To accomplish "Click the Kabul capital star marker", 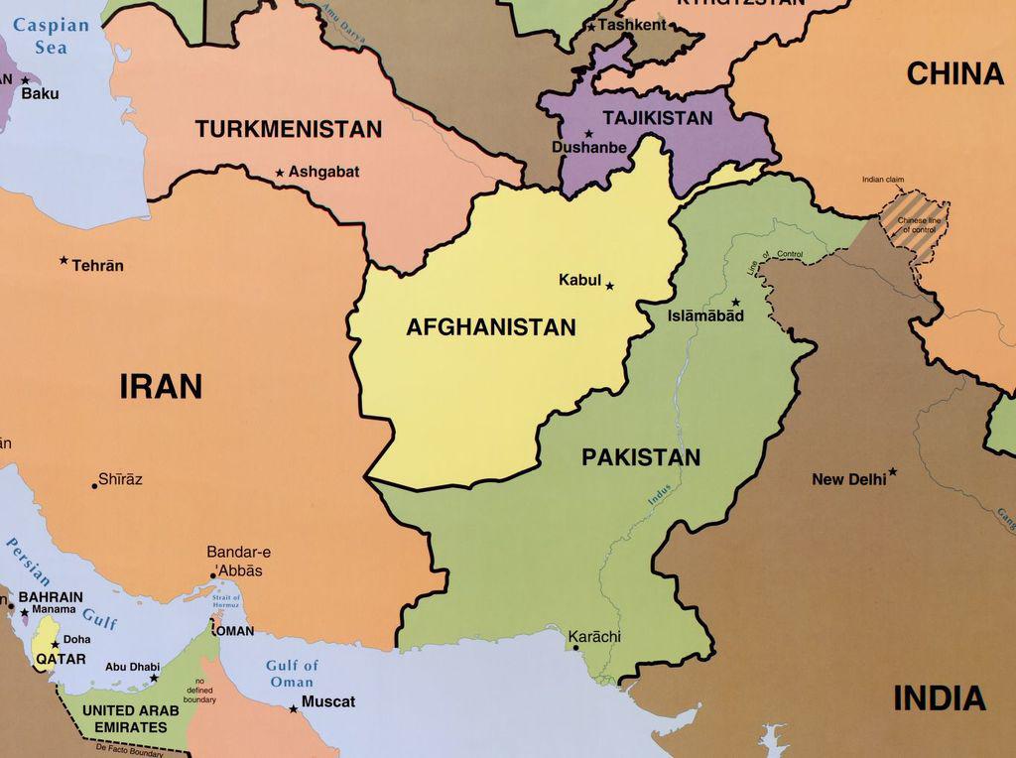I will (609, 287).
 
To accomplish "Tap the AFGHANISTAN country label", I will (490, 327).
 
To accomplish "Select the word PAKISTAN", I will (640, 457).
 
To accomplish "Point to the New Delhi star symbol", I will (893, 472).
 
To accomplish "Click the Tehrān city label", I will (97, 266).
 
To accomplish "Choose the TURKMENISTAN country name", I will (288, 129).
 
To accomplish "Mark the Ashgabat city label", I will (323, 172).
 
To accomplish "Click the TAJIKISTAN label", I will (657, 118).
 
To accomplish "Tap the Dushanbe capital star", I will (588, 134).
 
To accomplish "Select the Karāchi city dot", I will (575, 648).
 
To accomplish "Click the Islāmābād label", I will (705, 316).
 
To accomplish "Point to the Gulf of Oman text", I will (292, 674).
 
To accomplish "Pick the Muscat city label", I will (327, 701).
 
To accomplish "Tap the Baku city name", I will (40, 93).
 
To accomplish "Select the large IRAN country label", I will (161, 386).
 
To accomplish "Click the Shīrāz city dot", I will (95, 485).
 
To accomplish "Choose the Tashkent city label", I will (633, 25).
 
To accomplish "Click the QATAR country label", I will (61, 659).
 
